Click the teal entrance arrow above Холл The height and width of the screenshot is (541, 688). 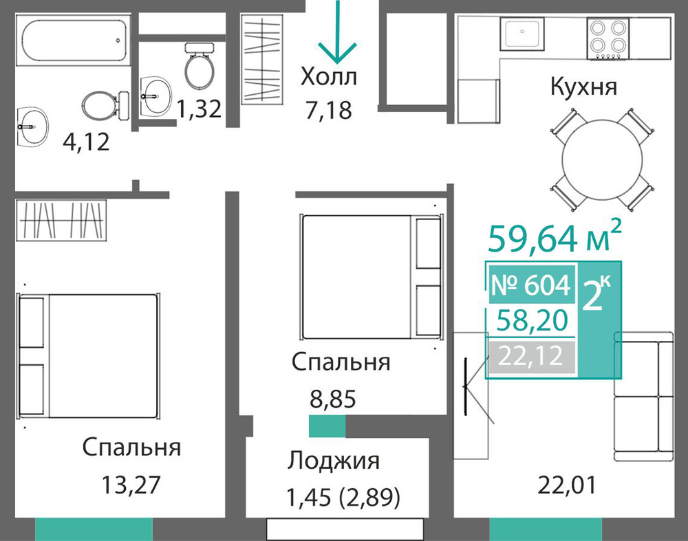coord(337,31)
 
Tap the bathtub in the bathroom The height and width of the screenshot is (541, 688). coord(74,41)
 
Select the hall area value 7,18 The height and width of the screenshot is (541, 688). coord(329,110)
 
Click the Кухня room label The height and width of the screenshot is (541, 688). coord(583,87)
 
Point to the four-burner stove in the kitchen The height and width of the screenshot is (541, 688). coord(608,38)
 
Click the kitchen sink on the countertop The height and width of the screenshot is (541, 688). coord(522,33)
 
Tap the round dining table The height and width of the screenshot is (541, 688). coord(602,160)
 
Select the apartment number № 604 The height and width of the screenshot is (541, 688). coord(531,285)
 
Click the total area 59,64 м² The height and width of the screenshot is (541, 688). coord(555,237)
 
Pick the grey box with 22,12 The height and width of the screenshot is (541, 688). coord(532,357)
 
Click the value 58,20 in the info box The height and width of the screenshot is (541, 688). coord(532,320)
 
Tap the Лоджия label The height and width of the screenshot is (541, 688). coord(334,461)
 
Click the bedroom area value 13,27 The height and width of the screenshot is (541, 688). coord(131,485)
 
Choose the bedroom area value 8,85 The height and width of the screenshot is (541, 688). coord(332,399)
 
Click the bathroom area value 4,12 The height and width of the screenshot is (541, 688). coord(86,142)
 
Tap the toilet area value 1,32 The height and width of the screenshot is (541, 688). coord(199,109)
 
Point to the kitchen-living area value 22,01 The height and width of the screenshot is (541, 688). coord(567,485)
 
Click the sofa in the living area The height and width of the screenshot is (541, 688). coord(643,397)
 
